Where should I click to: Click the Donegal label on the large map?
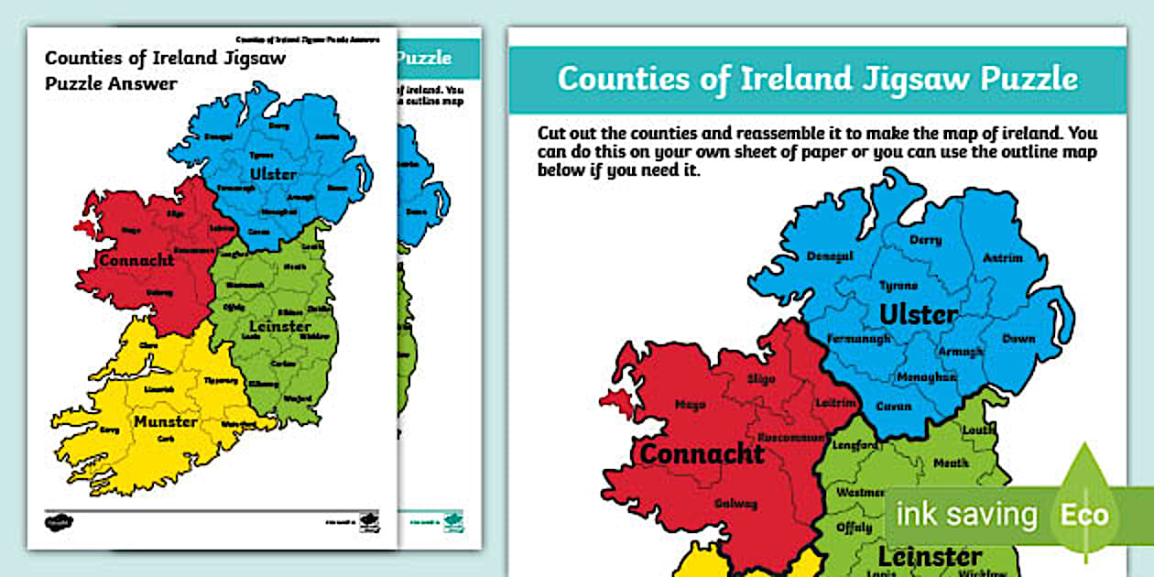pos(830,256)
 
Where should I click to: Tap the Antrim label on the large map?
pos(1002,258)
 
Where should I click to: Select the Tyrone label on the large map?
pos(898,286)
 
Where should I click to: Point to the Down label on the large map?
pos(1018,338)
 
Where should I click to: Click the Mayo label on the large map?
pos(689,404)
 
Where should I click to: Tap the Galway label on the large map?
pos(738,503)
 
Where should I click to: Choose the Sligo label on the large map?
pos(760,378)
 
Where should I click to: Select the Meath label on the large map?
pos(951,463)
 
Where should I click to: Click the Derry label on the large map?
pos(925,240)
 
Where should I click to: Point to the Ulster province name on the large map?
pos(918,315)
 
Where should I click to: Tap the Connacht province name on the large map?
pos(702,453)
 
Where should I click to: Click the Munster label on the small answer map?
pos(165,422)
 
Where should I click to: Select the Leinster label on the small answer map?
pos(279,326)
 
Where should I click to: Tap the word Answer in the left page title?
pos(146,82)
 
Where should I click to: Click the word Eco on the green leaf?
pos(1083,514)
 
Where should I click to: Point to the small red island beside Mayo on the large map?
pos(615,398)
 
